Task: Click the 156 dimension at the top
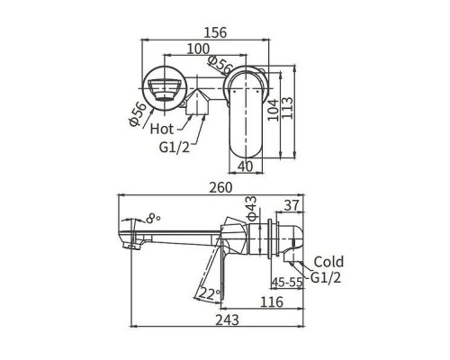(214, 31)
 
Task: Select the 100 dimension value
(200, 49)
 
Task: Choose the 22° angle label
(209, 293)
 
